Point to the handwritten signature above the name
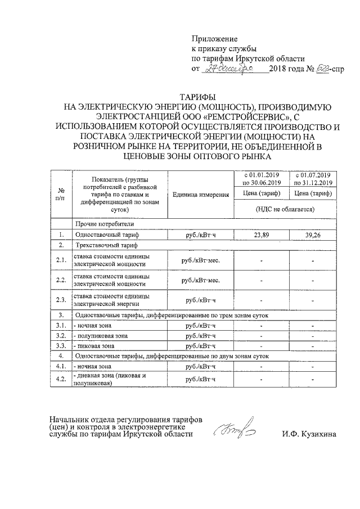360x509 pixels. click(x=233, y=430)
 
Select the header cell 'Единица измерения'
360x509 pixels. click(x=201, y=195)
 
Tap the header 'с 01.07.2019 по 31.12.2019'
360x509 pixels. click(x=313, y=179)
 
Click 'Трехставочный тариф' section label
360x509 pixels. click(x=106, y=245)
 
